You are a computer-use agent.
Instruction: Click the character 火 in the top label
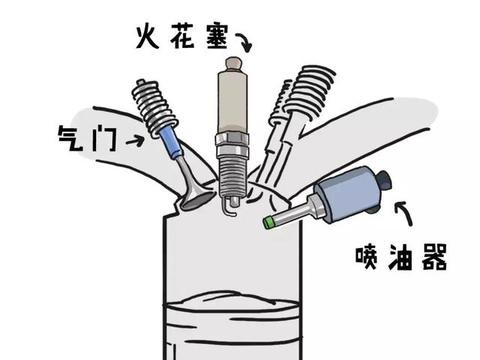pyautogui.click(x=148, y=36)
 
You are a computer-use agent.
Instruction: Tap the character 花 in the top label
pyautogui.click(x=182, y=37)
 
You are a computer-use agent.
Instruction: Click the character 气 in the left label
pyautogui.click(x=71, y=138)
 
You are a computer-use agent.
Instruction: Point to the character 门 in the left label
pyautogui.click(x=105, y=139)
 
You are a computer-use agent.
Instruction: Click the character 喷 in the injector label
pyautogui.click(x=366, y=257)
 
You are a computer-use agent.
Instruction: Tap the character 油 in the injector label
pyautogui.click(x=400, y=257)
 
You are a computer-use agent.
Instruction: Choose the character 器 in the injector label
pyautogui.click(x=434, y=257)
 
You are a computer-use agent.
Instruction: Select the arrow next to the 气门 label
pyautogui.click(x=135, y=141)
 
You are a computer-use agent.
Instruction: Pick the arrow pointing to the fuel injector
pyautogui.click(x=404, y=213)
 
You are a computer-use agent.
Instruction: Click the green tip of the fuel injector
pyautogui.click(x=268, y=222)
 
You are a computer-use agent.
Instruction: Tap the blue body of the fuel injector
pyautogui.click(x=347, y=194)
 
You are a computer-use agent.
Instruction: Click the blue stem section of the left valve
pyautogui.click(x=171, y=144)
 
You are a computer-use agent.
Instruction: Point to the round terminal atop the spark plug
pyautogui.click(x=233, y=63)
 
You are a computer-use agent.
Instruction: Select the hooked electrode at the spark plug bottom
pyautogui.click(x=229, y=206)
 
